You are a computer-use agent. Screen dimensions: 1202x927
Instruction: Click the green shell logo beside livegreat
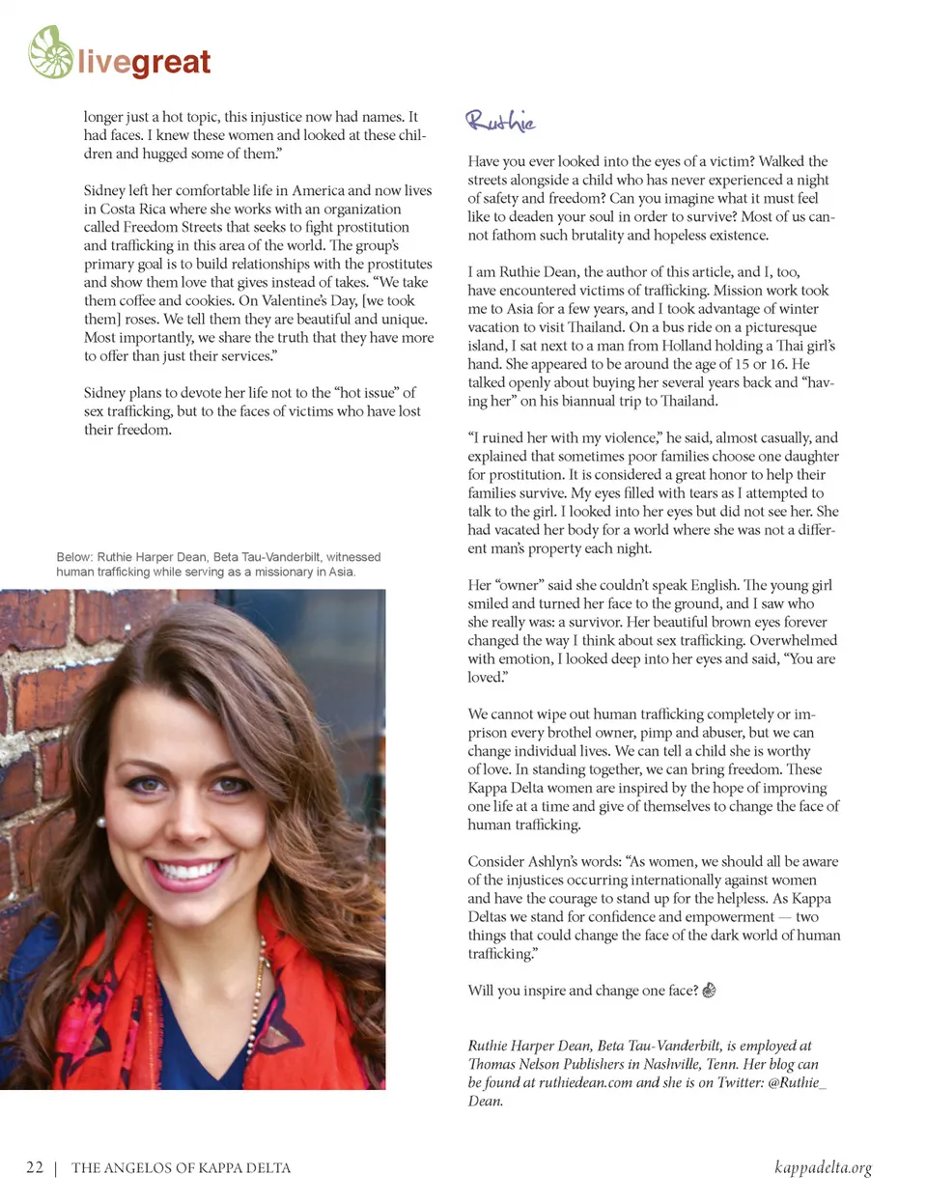click(x=51, y=53)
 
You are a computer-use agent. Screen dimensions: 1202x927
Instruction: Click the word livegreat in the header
click(x=144, y=63)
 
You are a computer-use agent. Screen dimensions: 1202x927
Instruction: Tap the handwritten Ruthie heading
click(x=500, y=121)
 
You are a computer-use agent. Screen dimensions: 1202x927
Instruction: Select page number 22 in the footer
click(x=35, y=1167)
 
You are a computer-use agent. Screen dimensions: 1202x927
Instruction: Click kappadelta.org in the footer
click(x=823, y=1167)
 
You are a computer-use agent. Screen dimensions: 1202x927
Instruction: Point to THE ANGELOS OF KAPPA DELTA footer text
click(x=181, y=1168)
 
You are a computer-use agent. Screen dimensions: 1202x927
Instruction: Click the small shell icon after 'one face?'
click(x=709, y=990)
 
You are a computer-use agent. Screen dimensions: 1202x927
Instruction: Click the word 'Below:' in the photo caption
click(x=74, y=557)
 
